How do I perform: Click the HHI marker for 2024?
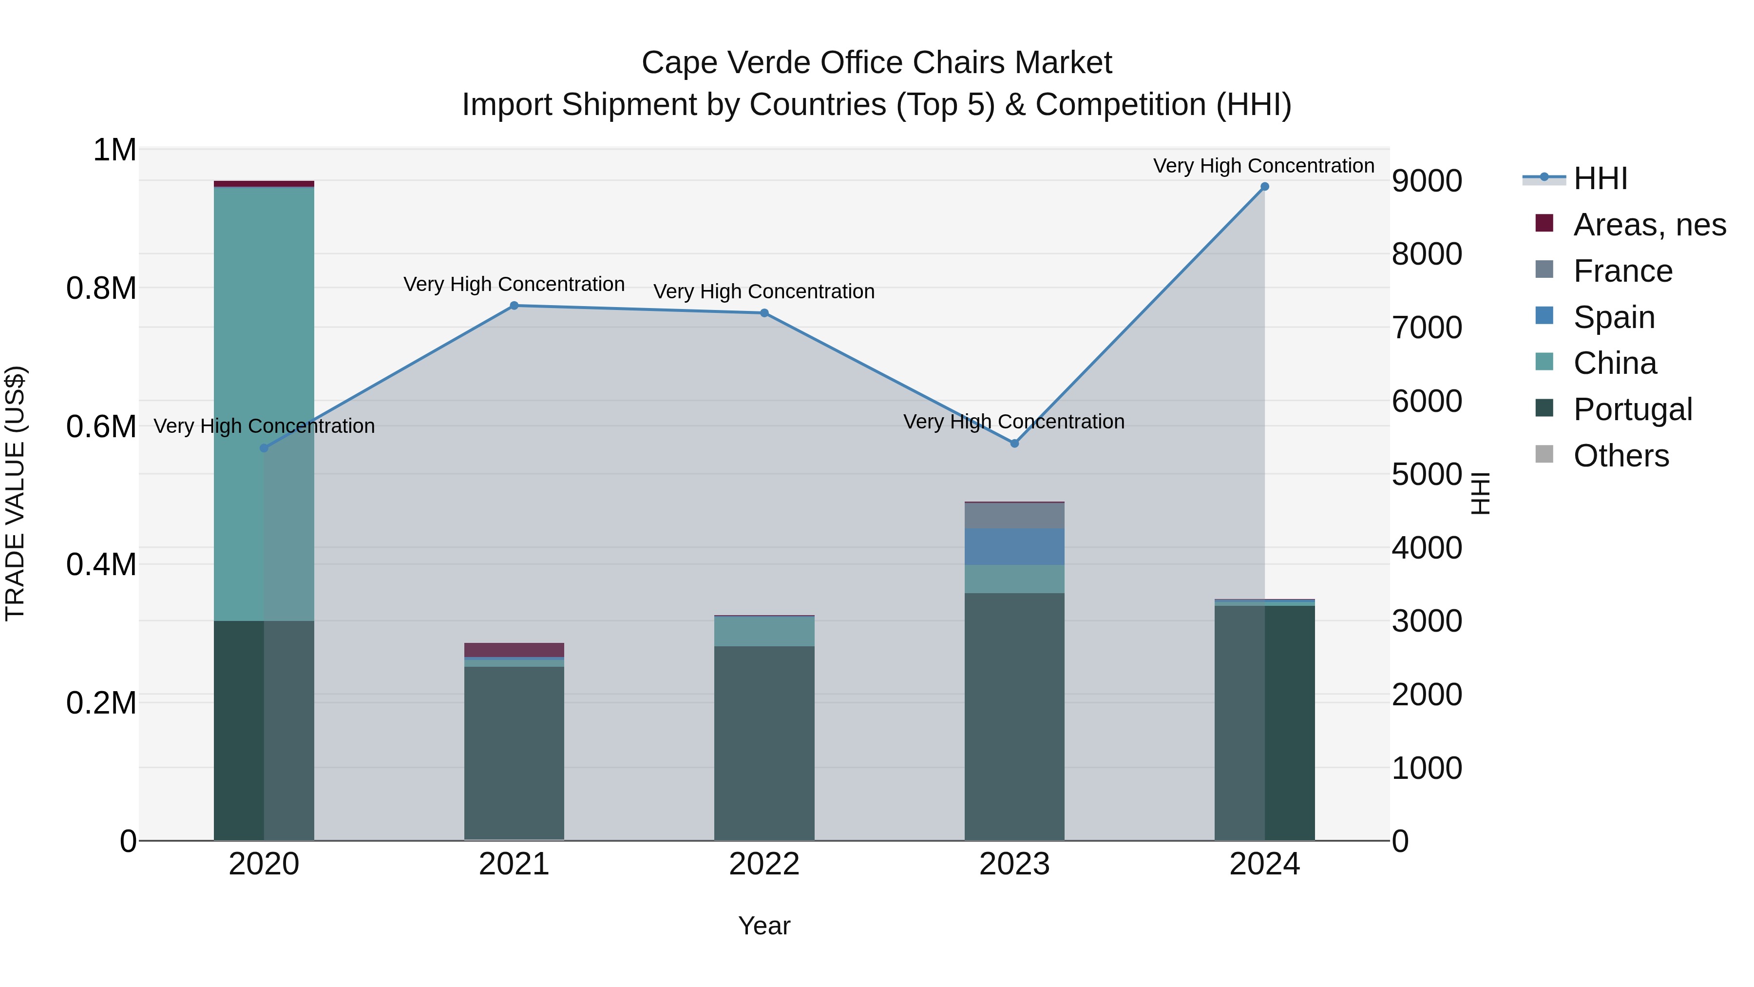click(x=1264, y=187)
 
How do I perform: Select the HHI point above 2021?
click(x=514, y=306)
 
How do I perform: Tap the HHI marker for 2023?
click(x=1014, y=444)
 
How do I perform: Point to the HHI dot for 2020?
click(x=264, y=448)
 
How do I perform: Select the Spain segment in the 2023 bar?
click(x=1014, y=546)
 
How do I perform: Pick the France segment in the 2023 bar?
click(x=1014, y=516)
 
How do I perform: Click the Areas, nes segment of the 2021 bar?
click(x=514, y=650)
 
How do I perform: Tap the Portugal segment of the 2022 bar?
click(x=764, y=742)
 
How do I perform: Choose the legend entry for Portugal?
click(x=1632, y=409)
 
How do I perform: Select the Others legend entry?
click(x=1621, y=456)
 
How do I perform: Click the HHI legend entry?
click(x=1600, y=178)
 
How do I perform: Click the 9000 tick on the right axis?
click(x=1427, y=181)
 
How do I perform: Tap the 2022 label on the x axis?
click(x=764, y=864)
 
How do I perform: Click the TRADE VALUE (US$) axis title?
click(x=16, y=493)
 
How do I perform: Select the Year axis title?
click(x=764, y=926)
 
